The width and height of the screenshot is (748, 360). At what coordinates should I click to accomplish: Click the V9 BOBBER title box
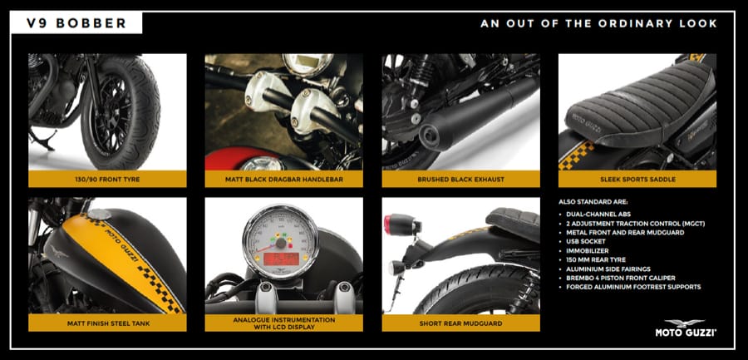76,23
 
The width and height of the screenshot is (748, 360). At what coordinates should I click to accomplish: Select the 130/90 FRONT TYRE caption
107,180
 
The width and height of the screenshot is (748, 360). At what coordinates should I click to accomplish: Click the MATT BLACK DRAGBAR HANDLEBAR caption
284,180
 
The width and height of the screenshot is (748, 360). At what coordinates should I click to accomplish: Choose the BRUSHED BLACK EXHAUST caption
460,180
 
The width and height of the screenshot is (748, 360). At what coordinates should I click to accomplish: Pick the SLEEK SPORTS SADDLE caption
637,180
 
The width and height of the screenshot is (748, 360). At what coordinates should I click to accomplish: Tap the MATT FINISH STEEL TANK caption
107,323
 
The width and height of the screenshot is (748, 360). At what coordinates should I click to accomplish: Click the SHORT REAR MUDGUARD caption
460,323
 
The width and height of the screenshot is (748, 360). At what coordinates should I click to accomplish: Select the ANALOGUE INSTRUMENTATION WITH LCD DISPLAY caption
284,323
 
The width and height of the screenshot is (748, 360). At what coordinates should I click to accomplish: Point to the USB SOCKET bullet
585,242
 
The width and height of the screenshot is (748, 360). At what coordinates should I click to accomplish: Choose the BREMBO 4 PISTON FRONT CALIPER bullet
621,278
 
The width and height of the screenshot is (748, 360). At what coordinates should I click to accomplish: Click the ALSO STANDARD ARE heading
593,202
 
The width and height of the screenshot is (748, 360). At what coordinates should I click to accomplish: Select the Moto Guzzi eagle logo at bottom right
685,323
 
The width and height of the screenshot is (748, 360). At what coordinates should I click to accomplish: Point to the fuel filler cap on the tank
99,215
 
